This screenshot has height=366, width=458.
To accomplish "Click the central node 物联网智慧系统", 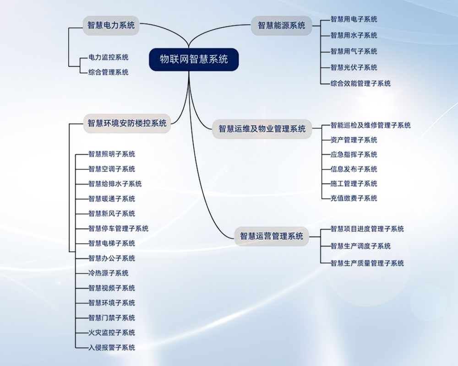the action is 194,59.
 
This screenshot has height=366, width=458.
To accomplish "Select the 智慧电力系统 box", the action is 111,26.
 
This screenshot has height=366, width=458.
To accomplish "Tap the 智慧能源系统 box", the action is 282,26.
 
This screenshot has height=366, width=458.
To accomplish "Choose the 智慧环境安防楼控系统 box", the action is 127,123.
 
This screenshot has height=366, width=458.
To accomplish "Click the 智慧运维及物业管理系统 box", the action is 262,129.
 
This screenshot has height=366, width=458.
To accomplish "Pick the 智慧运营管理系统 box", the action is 272,236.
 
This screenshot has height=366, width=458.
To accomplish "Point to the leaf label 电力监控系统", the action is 109,57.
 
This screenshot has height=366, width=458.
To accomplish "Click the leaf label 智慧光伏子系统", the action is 354,67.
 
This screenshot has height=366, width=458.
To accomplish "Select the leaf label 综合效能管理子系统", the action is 360,83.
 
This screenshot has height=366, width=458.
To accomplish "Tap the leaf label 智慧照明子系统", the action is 112,154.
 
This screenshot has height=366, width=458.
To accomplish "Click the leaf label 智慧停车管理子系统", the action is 118,229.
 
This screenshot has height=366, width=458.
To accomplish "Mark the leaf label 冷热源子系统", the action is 109,273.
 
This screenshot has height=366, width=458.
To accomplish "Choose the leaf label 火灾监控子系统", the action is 112,333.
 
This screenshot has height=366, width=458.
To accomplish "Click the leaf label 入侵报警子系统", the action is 112,348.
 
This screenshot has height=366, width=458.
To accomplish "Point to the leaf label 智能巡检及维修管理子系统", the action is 371,125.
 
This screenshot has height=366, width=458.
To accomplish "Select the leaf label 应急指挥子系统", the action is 354,155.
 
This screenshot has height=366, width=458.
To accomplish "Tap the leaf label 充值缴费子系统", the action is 354,199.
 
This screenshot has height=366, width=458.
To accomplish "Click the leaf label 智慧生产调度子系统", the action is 360,246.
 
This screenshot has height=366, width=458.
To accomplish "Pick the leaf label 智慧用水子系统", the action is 354,35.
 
